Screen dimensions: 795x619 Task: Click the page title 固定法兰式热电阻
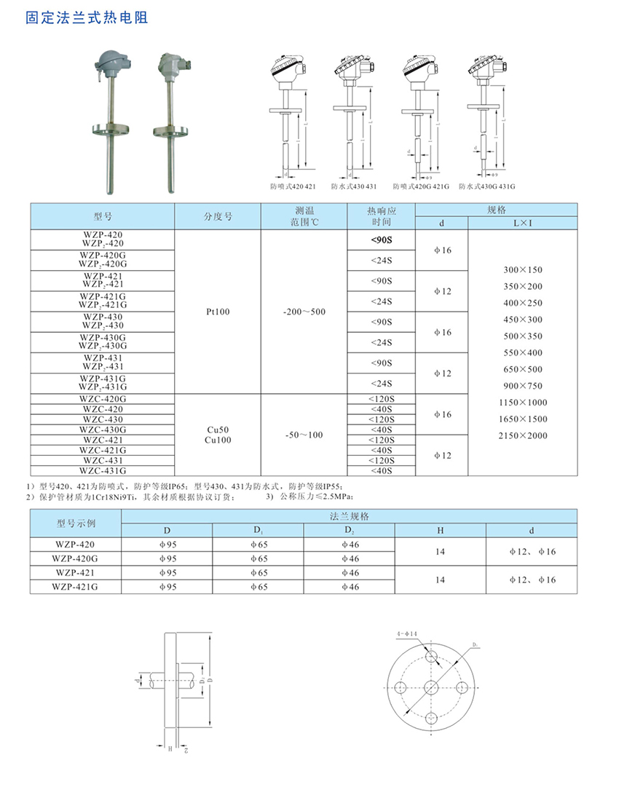(86, 17)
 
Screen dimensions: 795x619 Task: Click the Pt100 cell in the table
(218, 311)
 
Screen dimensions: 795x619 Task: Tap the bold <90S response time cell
(381, 240)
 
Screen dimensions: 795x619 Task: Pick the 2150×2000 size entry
(523, 435)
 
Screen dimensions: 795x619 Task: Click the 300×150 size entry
(523, 269)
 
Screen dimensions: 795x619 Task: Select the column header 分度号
(218, 216)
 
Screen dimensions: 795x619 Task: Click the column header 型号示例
(76, 523)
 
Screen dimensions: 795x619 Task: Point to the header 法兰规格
(349, 515)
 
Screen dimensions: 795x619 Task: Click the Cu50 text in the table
(218, 430)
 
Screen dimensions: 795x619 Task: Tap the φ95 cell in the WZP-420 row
(167, 545)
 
